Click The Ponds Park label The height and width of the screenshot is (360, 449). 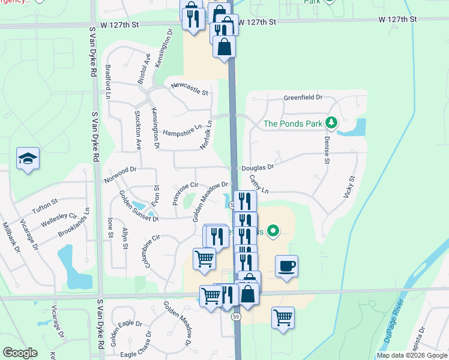293,124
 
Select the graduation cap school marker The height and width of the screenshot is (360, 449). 27,159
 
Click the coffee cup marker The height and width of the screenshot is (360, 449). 287,266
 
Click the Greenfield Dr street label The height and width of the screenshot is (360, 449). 303,97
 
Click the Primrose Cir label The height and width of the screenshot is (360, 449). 185,194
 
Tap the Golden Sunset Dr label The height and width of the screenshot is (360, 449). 138,206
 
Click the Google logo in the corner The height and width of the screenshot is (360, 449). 20,352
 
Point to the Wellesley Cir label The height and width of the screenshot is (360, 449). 60,220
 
